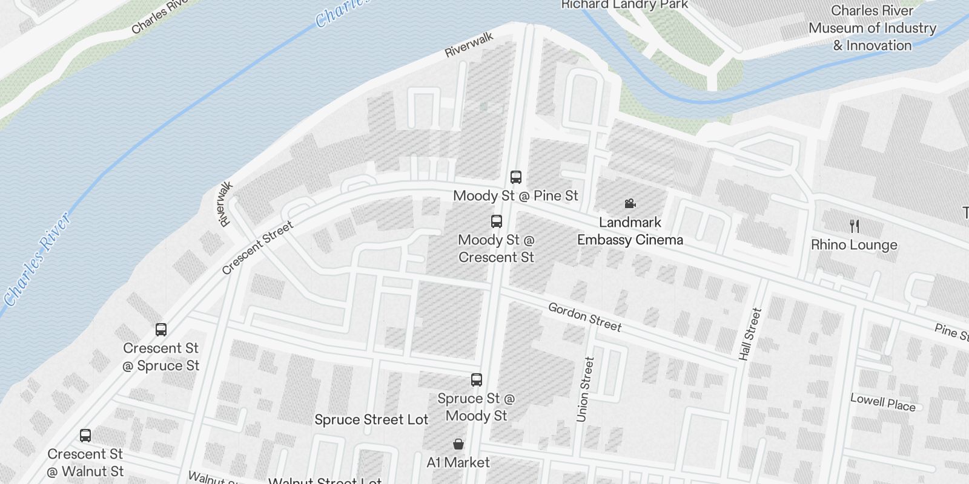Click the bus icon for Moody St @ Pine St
pyautogui.click(x=516, y=177)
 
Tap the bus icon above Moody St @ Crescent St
pyautogui.click(x=497, y=221)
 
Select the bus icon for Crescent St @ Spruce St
pyautogui.click(x=161, y=330)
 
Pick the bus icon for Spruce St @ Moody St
pyautogui.click(x=477, y=380)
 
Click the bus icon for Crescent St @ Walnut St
pyautogui.click(x=85, y=436)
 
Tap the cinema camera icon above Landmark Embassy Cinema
pyautogui.click(x=630, y=204)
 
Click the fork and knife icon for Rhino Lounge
pyautogui.click(x=855, y=226)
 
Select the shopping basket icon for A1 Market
pyautogui.click(x=458, y=445)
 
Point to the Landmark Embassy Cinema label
pyautogui.click(x=630, y=231)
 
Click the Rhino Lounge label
pyautogui.click(x=854, y=245)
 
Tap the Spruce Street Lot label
pyautogui.click(x=371, y=420)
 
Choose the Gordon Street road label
pyautogui.click(x=584, y=317)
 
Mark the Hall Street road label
pyautogui.click(x=750, y=334)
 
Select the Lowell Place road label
pyautogui.click(x=882, y=402)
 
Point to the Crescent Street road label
pyautogui.click(x=257, y=247)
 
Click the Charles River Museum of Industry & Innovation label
pyautogui.click(x=872, y=28)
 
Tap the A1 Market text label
pyautogui.click(x=458, y=463)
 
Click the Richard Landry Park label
pyautogui.click(x=624, y=5)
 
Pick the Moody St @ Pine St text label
pyautogui.click(x=515, y=196)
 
